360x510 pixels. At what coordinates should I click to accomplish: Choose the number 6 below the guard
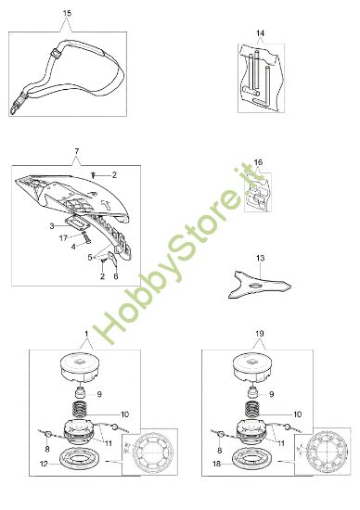tap(115, 276)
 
